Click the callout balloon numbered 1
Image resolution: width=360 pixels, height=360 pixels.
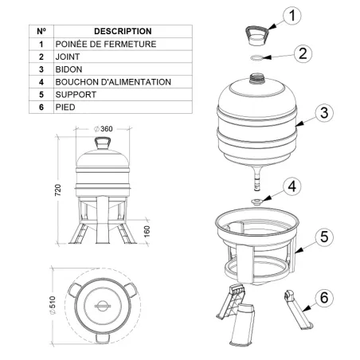[x=294, y=15]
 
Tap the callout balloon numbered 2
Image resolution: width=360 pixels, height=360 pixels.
[x=303, y=54]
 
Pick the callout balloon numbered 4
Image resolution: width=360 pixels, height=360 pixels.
[x=292, y=186]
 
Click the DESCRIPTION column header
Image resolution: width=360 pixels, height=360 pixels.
[x=116, y=30]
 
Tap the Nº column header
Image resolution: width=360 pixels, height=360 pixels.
[x=41, y=30]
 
